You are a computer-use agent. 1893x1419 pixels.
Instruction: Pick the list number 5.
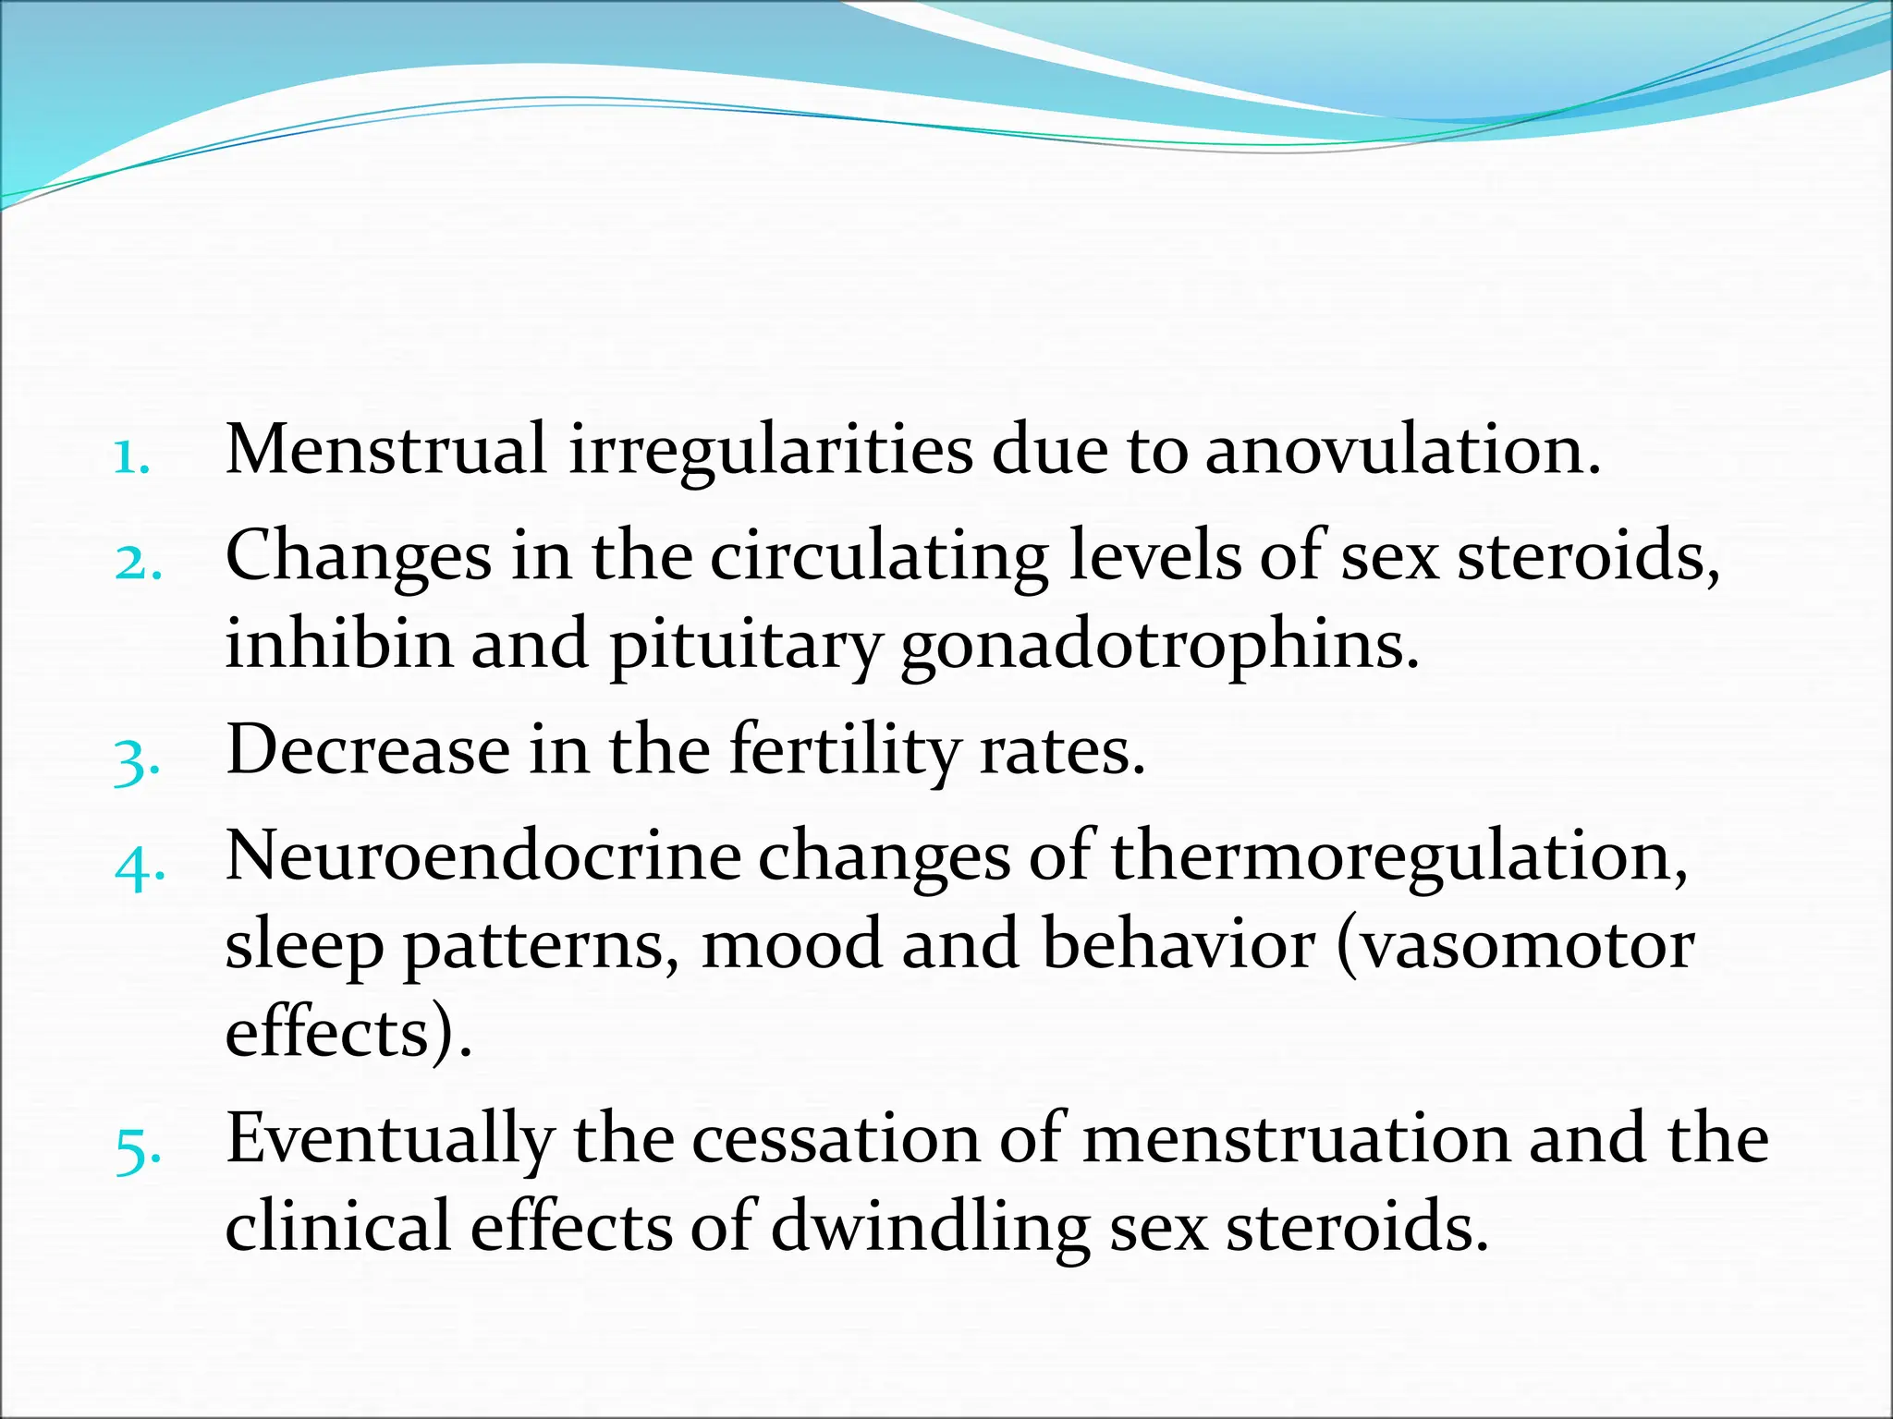coord(138,1151)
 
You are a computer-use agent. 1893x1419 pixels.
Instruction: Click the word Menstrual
coord(386,450)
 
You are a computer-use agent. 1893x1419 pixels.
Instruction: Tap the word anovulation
coord(1402,450)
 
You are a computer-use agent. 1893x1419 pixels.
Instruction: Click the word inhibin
coord(338,643)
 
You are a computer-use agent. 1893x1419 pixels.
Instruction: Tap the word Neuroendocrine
coord(482,855)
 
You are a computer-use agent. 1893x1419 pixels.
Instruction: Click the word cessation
coord(836,1140)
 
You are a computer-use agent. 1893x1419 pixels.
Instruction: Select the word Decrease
coord(368,749)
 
